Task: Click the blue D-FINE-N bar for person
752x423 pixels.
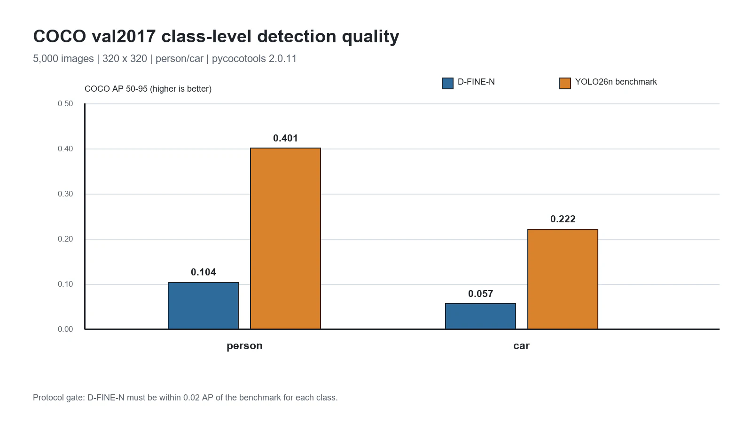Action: click(x=203, y=305)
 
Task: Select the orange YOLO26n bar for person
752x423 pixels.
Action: click(x=285, y=238)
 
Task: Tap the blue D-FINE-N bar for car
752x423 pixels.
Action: click(x=480, y=316)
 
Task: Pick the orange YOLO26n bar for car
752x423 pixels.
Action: click(x=563, y=279)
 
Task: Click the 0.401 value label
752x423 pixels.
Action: click(x=285, y=138)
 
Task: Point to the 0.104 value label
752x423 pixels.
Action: click(x=203, y=272)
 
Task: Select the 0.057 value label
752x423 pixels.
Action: click(x=480, y=294)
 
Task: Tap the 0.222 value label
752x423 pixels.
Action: click(x=563, y=219)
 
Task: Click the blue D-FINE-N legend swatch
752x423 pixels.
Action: click(x=447, y=83)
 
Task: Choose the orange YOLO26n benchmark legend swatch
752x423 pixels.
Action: click(x=565, y=83)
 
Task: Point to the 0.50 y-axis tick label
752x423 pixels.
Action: click(x=65, y=104)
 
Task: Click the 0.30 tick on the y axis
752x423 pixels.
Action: click(x=65, y=194)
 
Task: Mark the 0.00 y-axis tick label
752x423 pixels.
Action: click(x=65, y=329)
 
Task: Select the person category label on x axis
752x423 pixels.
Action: click(x=244, y=346)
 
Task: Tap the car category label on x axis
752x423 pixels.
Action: click(x=521, y=346)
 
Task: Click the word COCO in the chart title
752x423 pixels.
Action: click(x=59, y=36)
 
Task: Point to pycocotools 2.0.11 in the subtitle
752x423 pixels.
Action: click(x=254, y=59)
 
